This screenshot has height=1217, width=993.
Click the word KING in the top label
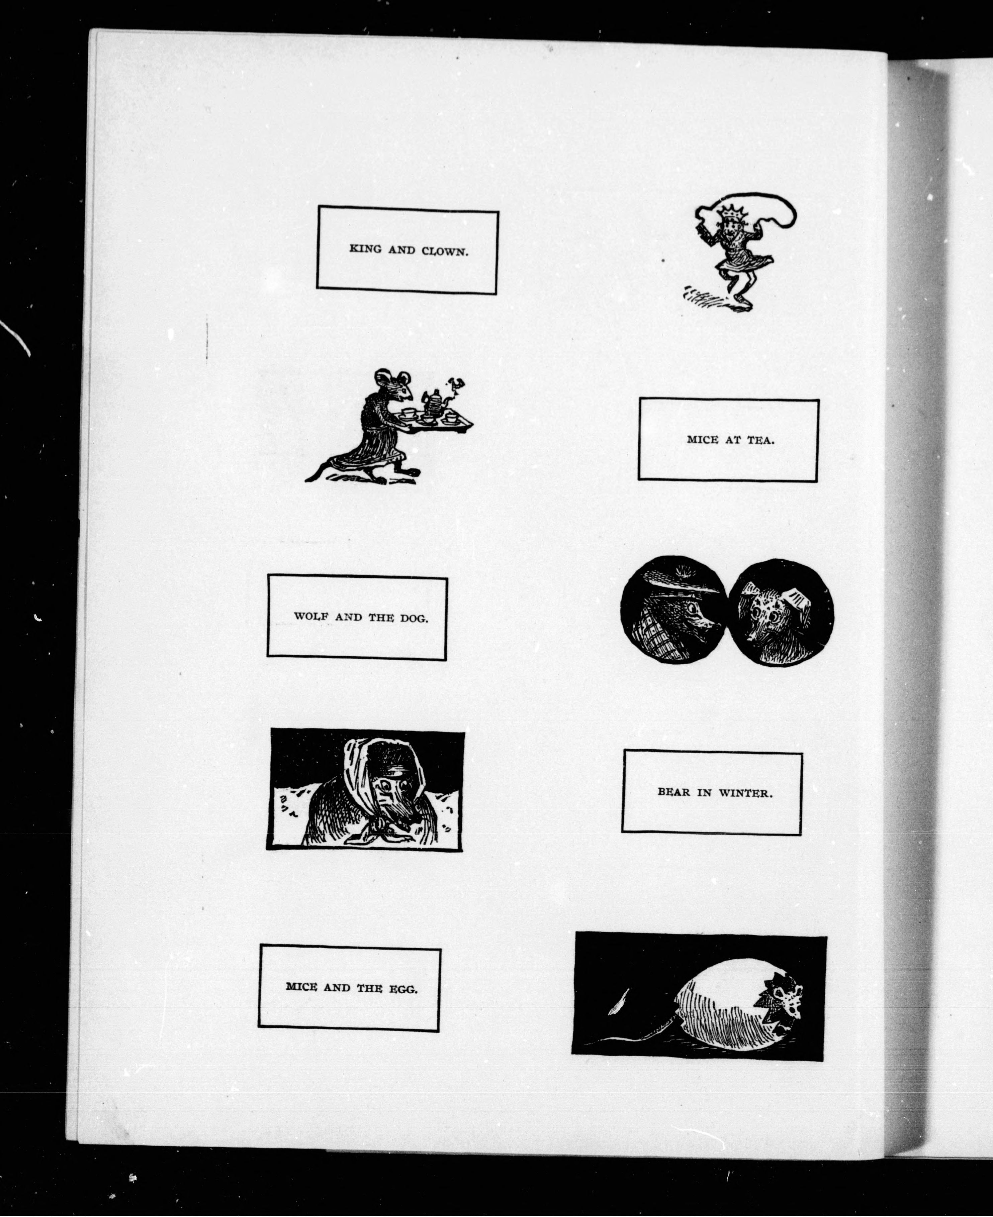[365, 249]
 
